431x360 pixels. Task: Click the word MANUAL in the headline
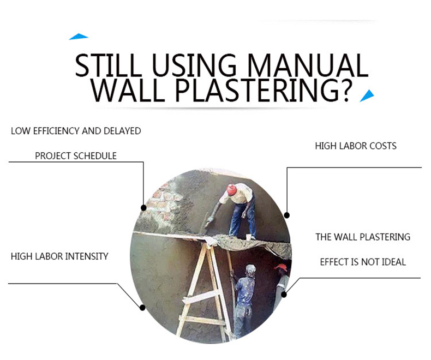(x=308, y=65)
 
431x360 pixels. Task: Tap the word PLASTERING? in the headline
(x=264, y=90)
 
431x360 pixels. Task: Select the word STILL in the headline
(x=108, y=65)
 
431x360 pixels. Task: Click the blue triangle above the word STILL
(x=79, y=37)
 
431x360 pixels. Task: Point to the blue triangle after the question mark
(x=367, y=95)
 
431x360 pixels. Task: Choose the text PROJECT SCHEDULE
(x=76, y=156)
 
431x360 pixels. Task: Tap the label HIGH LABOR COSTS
(x=356, y=146)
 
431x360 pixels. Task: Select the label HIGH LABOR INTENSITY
(x=59, y=256)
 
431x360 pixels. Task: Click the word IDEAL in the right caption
(x=392, y=262)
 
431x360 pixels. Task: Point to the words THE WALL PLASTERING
(x=363, y=237)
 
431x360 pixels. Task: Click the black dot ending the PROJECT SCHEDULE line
(x=143, y=208)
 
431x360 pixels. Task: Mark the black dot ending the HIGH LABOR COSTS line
(x=286, y=215)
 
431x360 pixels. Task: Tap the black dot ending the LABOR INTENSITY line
(x=142, y=308)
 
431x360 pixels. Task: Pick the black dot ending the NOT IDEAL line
(x=284, y=295)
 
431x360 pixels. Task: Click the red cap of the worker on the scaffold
(x=231, y=190)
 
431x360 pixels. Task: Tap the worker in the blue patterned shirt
(x=244, y=299)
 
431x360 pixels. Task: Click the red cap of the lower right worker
(x=281, y=267)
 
